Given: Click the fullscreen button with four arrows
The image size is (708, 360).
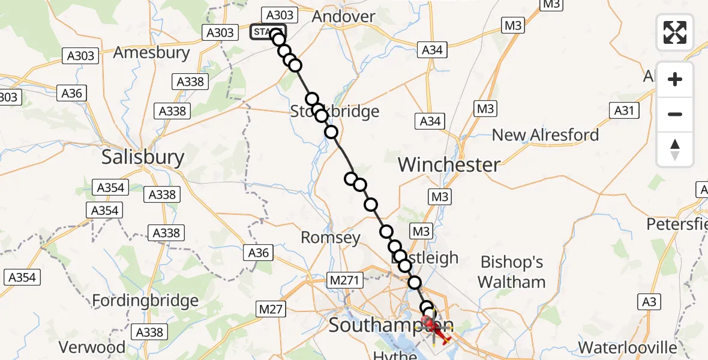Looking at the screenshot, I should tap(675, 32).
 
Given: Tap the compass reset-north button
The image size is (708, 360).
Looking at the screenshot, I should tap(675, 150).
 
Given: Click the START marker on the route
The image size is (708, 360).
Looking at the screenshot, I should tap(268, 32).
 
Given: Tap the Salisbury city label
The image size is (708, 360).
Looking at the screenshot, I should tap(143, 157).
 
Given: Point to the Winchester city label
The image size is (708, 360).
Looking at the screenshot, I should tap(449, 164).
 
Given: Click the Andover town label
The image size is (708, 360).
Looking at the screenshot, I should tap(344, 17).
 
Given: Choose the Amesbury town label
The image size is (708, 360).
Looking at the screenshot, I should tap(152, 53).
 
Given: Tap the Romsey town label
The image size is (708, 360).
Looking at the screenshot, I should tap(331, 238).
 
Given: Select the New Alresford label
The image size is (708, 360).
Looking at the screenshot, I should tap(545, 135).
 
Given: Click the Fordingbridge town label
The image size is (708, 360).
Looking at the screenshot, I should tap(146, 301).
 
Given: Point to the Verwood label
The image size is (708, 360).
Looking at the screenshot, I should tap(92, 347).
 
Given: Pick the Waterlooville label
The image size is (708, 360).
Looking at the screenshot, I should tap(628, 347).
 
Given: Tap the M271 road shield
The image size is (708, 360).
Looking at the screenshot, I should tap(343, 280).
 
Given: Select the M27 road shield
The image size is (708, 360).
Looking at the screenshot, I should tap(271, 308).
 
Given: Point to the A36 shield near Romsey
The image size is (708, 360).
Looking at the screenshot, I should tap(259, 253).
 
